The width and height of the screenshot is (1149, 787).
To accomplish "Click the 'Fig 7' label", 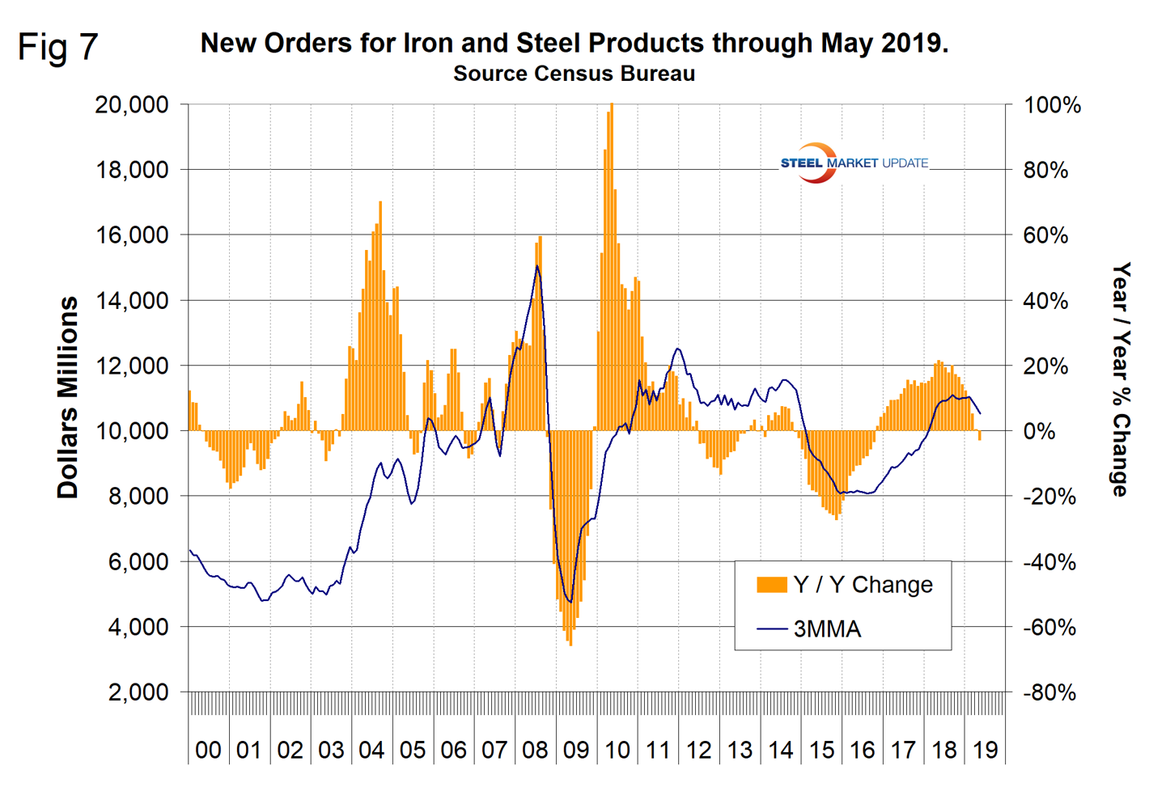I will [57, 47].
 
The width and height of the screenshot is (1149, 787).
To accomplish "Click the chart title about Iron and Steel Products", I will [574, 43].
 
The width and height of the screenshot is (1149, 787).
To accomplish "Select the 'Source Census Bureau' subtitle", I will [574, 74].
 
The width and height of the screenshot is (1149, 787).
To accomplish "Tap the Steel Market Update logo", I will [853, 163].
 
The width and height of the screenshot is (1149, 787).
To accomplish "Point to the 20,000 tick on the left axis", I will [132, 105].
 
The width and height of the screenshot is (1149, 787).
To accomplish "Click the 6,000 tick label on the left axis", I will [138, 562].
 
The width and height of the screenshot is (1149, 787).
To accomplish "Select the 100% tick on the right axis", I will [1052, 105].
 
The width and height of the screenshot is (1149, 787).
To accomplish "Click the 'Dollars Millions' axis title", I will [68, 397].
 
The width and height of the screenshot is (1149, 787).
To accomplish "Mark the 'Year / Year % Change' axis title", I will [1120, 379].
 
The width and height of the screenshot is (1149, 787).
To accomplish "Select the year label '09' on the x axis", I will [576, 751].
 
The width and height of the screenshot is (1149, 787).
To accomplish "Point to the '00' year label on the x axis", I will [208, 751].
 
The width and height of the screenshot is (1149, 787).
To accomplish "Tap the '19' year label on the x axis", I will [985, 751].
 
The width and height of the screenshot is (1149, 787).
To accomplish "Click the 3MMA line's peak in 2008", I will [537, 266].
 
